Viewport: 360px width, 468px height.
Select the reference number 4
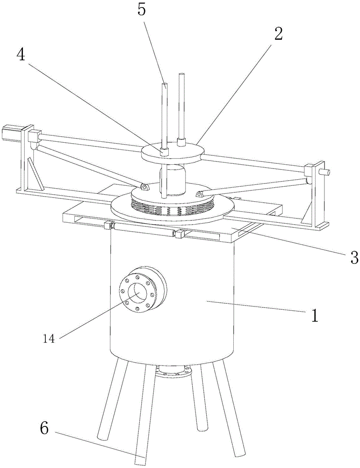[x=20, y=55]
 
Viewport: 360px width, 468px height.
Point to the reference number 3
[x=354, y=256]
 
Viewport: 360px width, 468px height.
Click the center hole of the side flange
[x=138, y=293]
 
